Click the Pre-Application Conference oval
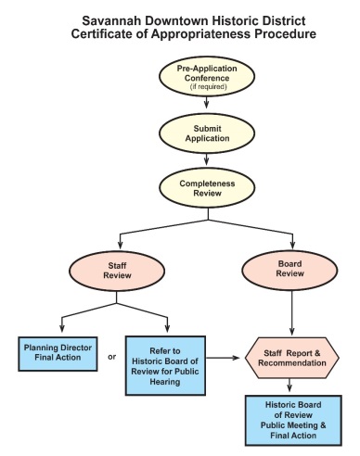click(x=207, y=76)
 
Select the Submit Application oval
click(x=207, y=133)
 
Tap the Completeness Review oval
click(x=207, y=188)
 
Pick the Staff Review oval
click(x=117, y=271)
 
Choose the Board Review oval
click(x=289, y=270)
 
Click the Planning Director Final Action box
click(x=58, y=354)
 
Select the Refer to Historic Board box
click(x=165, y=366)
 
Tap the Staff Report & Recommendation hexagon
click(x=292, y=358)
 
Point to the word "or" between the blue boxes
click(x=112, y=357)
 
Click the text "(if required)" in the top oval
click(x=208, y=86)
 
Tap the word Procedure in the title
click(x=285, y=33)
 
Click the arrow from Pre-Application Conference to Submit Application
click(x=207, y=103)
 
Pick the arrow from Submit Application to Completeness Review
click(x=207, y=159)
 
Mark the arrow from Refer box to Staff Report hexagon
click(x=223, y=358)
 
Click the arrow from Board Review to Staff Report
click(x=292, y=312)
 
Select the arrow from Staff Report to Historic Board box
click(x=289, y=386)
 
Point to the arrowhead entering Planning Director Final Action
click(x=62, y=329)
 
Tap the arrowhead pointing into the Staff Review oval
click(x=121, y=245)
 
